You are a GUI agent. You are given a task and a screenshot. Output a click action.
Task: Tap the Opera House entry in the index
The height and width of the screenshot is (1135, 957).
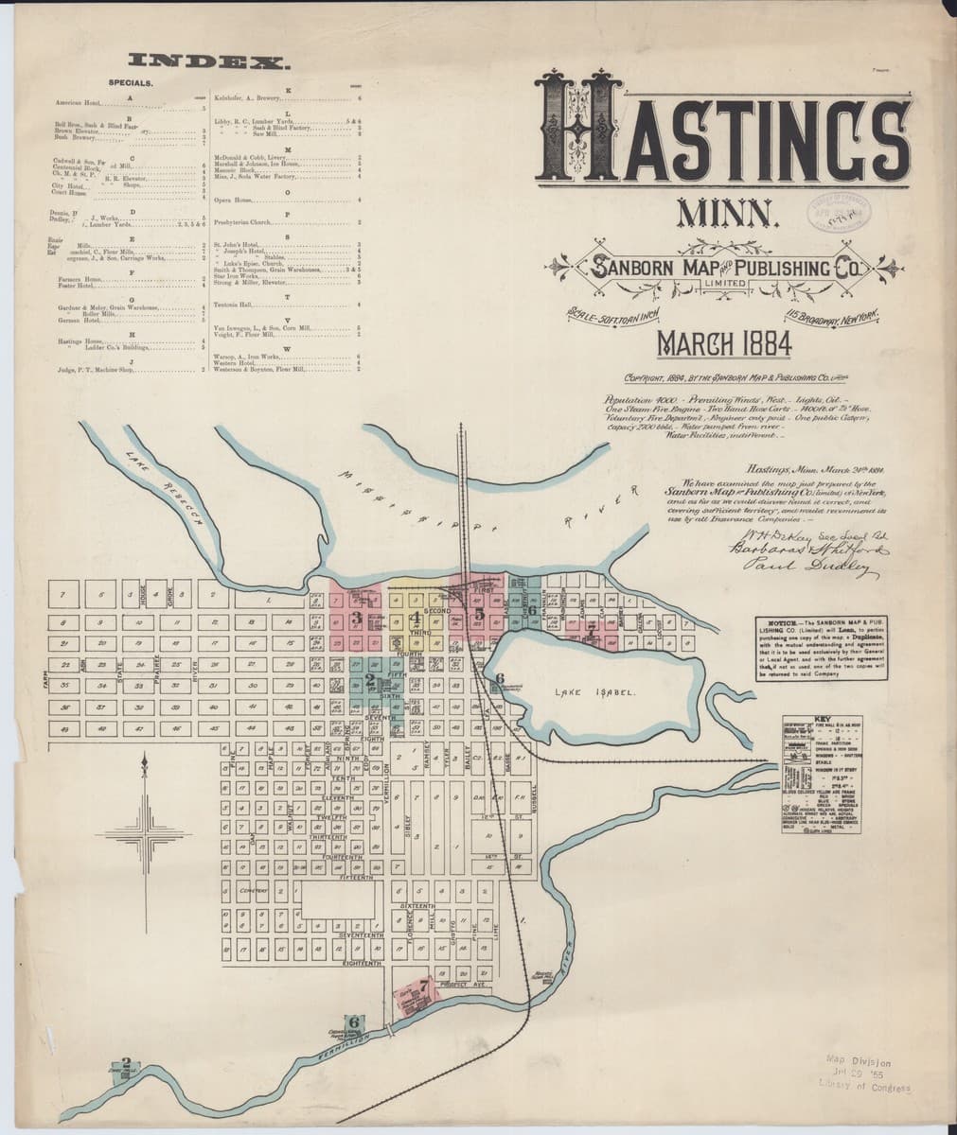point(237,201)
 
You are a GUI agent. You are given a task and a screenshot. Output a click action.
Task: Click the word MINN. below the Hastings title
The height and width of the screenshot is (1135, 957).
point(727,215)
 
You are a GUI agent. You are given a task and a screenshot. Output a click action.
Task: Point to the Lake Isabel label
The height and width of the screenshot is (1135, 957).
point(593,692)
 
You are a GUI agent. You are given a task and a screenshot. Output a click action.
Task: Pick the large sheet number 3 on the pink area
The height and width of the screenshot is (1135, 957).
point(356,618)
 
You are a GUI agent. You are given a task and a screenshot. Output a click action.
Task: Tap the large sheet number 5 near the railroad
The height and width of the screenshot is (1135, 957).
point(479,614)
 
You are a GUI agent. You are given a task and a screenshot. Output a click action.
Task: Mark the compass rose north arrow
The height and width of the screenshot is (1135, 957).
point(144,764)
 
